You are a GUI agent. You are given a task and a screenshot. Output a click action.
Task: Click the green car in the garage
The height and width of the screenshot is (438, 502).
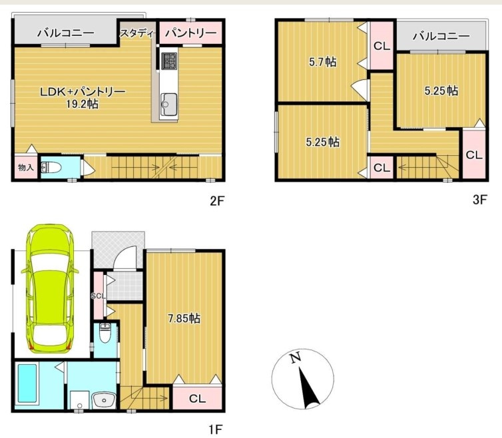tap(49, 288)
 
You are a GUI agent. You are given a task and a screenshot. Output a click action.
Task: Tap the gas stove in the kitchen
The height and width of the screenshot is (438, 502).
tap(169, 61)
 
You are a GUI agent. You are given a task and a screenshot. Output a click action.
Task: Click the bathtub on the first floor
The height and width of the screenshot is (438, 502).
tap(27, 383)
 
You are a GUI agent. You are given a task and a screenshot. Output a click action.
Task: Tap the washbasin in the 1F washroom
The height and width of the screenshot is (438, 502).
tap(104, 400)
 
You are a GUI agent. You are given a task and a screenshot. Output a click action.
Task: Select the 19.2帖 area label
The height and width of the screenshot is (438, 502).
tap(83, 105)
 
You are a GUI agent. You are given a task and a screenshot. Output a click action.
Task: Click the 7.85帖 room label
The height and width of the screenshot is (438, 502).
tap(184, 319)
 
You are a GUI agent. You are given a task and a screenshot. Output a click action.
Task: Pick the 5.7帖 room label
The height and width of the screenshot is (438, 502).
tap(323, 62)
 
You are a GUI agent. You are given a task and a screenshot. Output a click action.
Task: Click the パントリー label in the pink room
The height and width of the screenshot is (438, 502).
tap(191, 33)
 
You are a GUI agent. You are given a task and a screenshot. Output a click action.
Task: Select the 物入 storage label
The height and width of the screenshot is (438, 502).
tap(25, 167)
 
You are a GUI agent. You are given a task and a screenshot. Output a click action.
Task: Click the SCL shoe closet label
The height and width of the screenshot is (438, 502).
tap(98, 296)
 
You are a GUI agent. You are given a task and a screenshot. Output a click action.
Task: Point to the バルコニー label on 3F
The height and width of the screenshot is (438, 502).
tap(441, 36)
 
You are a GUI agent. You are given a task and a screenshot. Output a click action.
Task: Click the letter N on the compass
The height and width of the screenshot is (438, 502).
tap(296, 357)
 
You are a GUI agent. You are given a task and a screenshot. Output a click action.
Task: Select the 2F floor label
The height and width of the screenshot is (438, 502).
tap(217, 201)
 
